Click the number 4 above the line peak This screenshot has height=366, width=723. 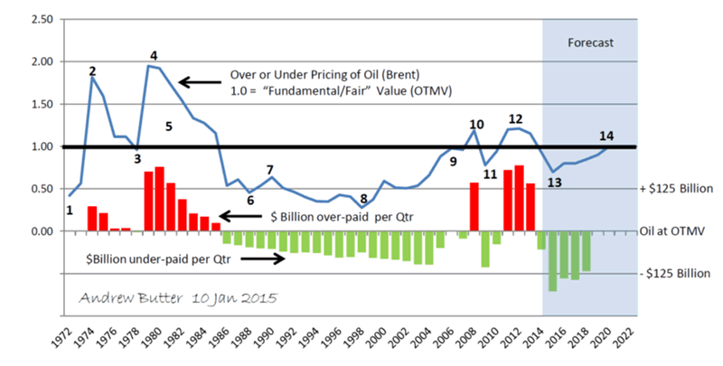pyautogui.click(x=154, y=55)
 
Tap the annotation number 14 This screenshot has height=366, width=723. pyautogui.click(x=606, y=136)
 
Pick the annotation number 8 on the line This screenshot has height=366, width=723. pyautogui.click(x=363, y=199)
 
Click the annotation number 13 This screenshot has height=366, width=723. pyautogui.click(x=554, y=183)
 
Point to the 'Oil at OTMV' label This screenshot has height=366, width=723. pyautogui.click(x=680, y=231)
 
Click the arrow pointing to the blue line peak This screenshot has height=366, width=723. pyautogui.click(x=195, y=82)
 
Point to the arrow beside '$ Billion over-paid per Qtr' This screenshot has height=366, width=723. pyautogui.click(x=243, y=216)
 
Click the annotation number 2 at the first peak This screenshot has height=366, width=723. pyautogui.click(x=92, y=70)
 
